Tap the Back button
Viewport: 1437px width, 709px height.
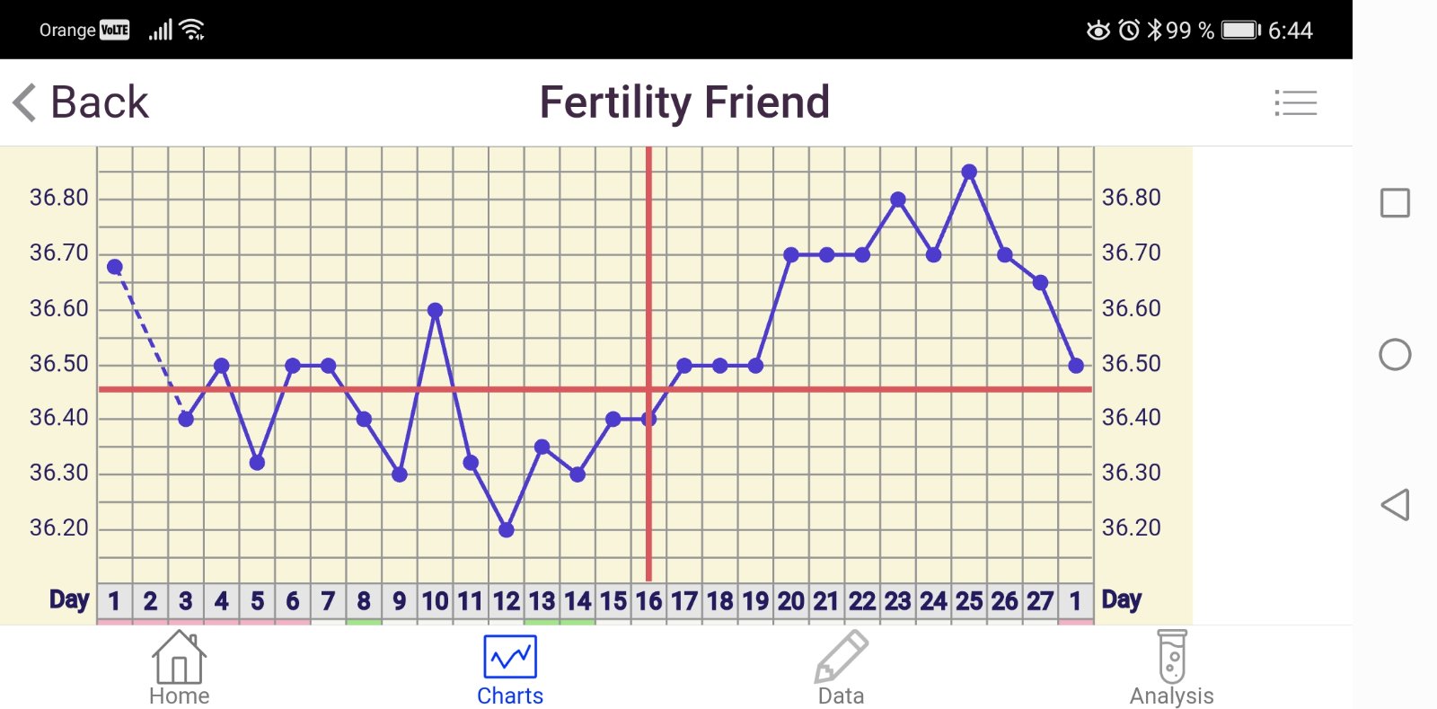click(x=81, y=102)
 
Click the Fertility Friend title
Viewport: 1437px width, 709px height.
click(x=684, y=102)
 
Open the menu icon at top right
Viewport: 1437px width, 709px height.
click(x=1295, y=102)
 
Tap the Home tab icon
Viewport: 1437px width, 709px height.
click(x=179, y=659)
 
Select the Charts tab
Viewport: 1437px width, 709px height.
click(x=510, y=669)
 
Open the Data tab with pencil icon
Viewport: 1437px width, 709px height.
click(x=842, y=669)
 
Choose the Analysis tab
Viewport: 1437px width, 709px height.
click(x=1172, y=669)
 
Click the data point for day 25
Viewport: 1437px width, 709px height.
click(x=969, y=172)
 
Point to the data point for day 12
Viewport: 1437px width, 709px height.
click(x=507, y=530)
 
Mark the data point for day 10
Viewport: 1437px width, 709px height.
click(x=435, y=310)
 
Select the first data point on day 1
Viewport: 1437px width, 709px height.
click(x=115, y=267)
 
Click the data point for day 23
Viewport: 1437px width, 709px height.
click(x=898, y=199)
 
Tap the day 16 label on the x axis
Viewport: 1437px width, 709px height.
click(x=648, y=601)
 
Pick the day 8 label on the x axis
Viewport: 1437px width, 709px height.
click(x=364, y=601)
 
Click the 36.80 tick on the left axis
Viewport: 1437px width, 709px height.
click(x=59, y=198)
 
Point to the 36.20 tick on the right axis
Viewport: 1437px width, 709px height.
click(x=1132, y=527)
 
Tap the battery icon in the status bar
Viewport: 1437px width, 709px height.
click(x=1241, y=31)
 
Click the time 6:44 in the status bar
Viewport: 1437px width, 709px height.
click(x=1291, y=31)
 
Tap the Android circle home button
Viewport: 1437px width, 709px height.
click(x=1395, y=355)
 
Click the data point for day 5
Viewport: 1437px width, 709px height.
click(x=257, y=463)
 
